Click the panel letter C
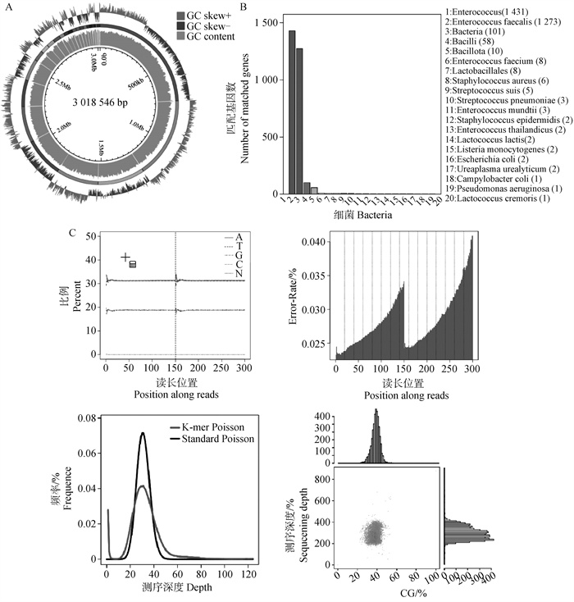point(72,235)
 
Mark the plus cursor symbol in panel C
point(125,258)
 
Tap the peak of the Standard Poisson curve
point(143,433)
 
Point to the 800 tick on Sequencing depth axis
point(325,477)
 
